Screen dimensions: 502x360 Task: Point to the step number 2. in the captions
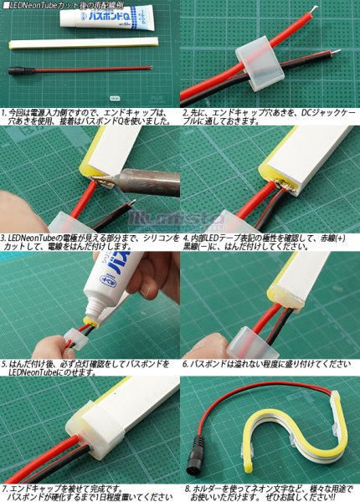point(186,111)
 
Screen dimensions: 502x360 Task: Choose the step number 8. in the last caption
point(186,488)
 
